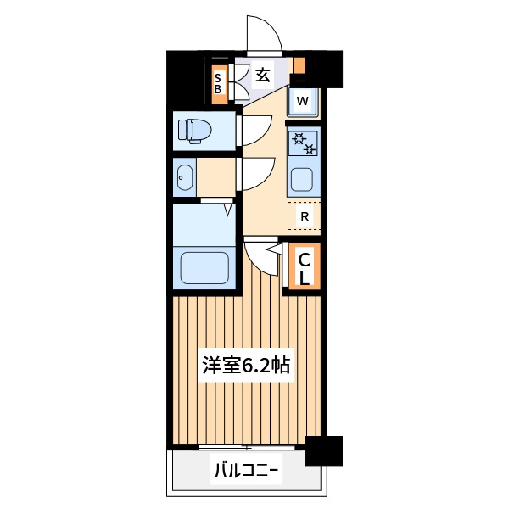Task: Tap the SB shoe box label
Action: pyautogui.click(x=218, y=84)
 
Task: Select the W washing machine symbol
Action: pyautogui.click(x=303, y=102)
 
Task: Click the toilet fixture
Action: pyautogui.click(x=194, y=131)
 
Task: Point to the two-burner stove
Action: pyautogui.click(x=304, y=143)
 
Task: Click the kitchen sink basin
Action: pyautogui.click(x=302, y=180)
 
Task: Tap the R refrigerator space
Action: pyautogui.click(x=305, y=215)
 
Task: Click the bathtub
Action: pyautogui.click(x=204, y=268)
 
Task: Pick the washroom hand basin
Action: pyautogui.click(x=185, y=177)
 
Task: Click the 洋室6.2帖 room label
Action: pyautogui.click(x=246, y=365)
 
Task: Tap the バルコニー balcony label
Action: pyautogui.click(x=247, y=469)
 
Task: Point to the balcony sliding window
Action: pyautogui.click(x=247, y=447)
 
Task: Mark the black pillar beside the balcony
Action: pyautogui.click(x=324, y=451)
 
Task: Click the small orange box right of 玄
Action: pyautogui.click(x=299, y=65)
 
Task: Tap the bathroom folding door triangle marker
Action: pyautogui.click(x=228, y=210)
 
